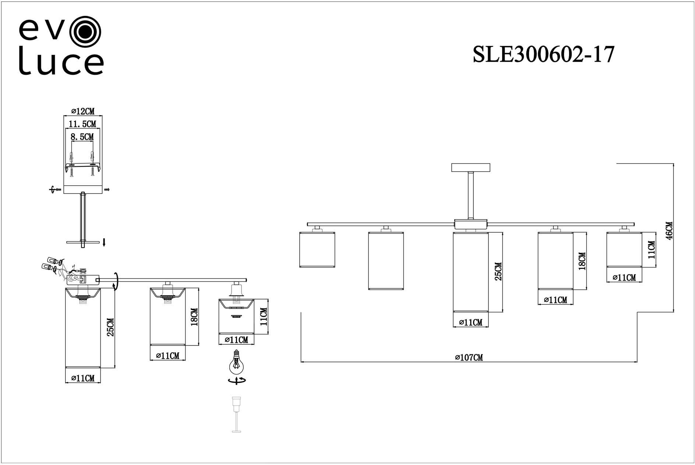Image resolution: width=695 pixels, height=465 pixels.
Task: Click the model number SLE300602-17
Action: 543,55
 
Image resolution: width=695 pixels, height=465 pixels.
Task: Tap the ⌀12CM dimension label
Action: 83,111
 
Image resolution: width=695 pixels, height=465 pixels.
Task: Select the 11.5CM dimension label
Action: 82,124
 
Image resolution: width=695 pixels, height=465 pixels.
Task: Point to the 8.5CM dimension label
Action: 82,137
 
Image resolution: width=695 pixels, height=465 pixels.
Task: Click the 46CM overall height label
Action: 669,231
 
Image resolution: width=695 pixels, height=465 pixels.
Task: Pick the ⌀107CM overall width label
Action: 469,357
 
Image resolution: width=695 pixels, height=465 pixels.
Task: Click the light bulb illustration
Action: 236,362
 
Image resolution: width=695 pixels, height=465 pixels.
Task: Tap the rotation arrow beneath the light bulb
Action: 236,381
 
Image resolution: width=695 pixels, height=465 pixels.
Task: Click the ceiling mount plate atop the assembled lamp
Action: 471,167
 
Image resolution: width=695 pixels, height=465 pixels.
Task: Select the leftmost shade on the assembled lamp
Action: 317,249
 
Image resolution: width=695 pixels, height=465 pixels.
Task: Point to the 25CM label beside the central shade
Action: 498,271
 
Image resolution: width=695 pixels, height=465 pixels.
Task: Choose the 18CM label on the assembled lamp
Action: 582,261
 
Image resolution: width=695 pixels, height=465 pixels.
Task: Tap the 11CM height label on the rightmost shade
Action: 651,249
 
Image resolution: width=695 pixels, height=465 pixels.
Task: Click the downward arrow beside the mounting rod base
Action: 104,242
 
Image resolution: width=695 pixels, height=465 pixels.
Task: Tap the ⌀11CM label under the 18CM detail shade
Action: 167,356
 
